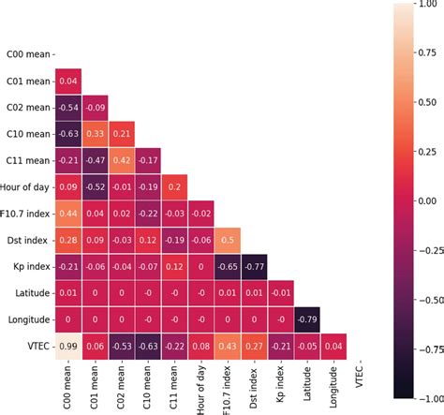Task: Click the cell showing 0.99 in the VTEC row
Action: pos(68,348)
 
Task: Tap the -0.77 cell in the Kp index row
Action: pos(255,267)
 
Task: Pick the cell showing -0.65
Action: pos(229,267)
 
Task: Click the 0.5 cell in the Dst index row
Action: pos(229,241)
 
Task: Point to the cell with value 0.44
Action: pos(68,215)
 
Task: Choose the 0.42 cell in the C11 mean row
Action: pos(122,161)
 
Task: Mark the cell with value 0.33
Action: pos(96,134)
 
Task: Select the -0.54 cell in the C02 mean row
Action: pos(68,108)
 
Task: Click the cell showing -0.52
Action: pos(96,187)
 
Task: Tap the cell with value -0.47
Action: pos(96,161)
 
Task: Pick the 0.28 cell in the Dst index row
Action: pos(68,241)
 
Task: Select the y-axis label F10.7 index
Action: pos(24,215)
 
